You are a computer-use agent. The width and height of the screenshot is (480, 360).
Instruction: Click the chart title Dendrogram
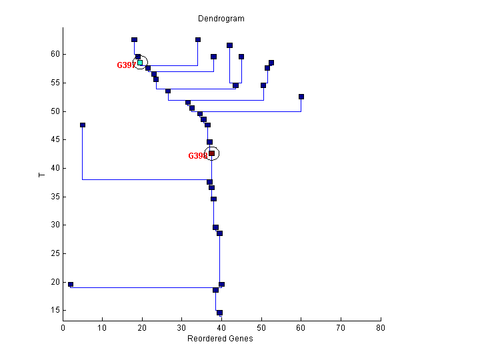click(x=221, y=19)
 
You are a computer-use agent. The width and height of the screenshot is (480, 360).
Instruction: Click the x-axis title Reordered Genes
click(x=221, y=339)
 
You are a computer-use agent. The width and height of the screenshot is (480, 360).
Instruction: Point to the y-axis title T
click(x=42, y=175)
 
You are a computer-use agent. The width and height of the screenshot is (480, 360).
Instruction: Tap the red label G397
click(x=126, y=65)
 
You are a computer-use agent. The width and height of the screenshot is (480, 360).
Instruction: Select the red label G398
click(x=197, y=156)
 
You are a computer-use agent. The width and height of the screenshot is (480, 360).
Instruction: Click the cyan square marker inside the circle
click(x=140, y=63)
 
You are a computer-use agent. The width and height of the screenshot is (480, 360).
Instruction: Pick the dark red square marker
click(x=211, y=153)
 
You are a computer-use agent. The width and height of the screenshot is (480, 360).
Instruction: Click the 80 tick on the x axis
click(x=381, y=328)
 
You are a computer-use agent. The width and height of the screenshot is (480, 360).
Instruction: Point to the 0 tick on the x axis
click(x=63, y=328)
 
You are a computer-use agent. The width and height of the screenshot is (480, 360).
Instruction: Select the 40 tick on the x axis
click(x=222, y=328)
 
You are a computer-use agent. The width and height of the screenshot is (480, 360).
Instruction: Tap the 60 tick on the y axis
click(x=55, y=54)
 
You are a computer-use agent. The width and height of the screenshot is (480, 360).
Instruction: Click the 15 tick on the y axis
click(x=55, y=310)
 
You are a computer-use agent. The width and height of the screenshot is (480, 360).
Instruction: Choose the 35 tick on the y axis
click(x=55, y=197)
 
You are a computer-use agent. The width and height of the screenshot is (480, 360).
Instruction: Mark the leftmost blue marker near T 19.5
click(x=71, y=285)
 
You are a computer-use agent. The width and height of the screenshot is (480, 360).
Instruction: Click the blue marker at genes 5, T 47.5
click(x=83, y=125)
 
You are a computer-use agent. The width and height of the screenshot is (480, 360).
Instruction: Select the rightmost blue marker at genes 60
click(x=301, y=97)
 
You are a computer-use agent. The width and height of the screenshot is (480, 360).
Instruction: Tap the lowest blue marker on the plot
click(x=219, y=313)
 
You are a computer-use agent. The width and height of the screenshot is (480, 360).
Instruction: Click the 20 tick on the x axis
click(x=143, y=328)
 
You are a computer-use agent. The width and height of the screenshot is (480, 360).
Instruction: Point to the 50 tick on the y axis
click(x=55, y=111)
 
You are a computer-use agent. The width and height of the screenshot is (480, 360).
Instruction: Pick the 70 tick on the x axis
click(x=341, y=328)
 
